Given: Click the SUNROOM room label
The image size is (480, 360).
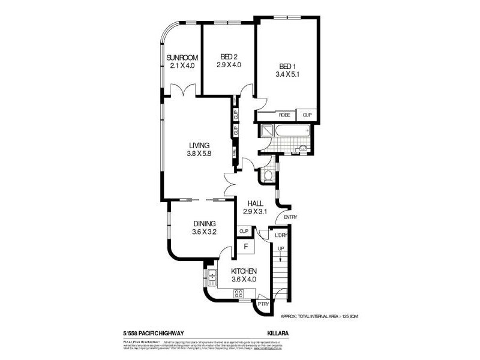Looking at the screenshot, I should (182, 58).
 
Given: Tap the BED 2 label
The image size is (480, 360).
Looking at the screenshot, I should (229, 57).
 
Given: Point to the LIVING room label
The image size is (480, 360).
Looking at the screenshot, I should (199, 145).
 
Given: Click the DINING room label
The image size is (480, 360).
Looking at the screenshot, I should (204, 224).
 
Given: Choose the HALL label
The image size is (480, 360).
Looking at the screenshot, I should (254, 203).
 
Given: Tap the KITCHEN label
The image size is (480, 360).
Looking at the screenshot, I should (244, 271).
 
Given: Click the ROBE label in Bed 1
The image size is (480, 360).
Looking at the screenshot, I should (284, 115).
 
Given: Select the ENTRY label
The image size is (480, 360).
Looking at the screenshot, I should (290, 217).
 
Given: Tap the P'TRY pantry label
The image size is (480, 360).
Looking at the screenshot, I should (263, 304).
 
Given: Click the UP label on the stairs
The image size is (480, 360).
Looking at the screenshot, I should (280, 248).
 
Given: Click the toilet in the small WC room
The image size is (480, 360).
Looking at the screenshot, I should (269, 175).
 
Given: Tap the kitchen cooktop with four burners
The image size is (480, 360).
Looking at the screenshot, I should (238, 293).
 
